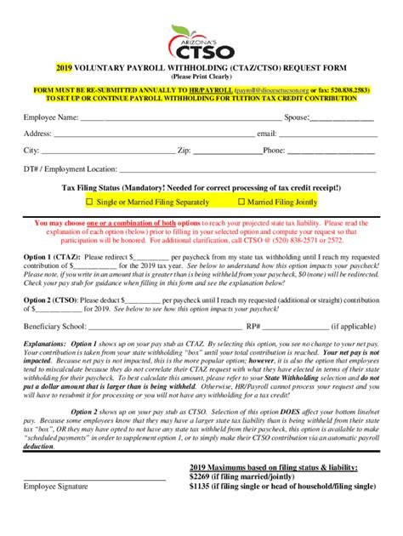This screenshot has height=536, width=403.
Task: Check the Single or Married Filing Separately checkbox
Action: point(90,202)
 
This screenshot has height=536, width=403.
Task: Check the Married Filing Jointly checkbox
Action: point(241,202)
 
